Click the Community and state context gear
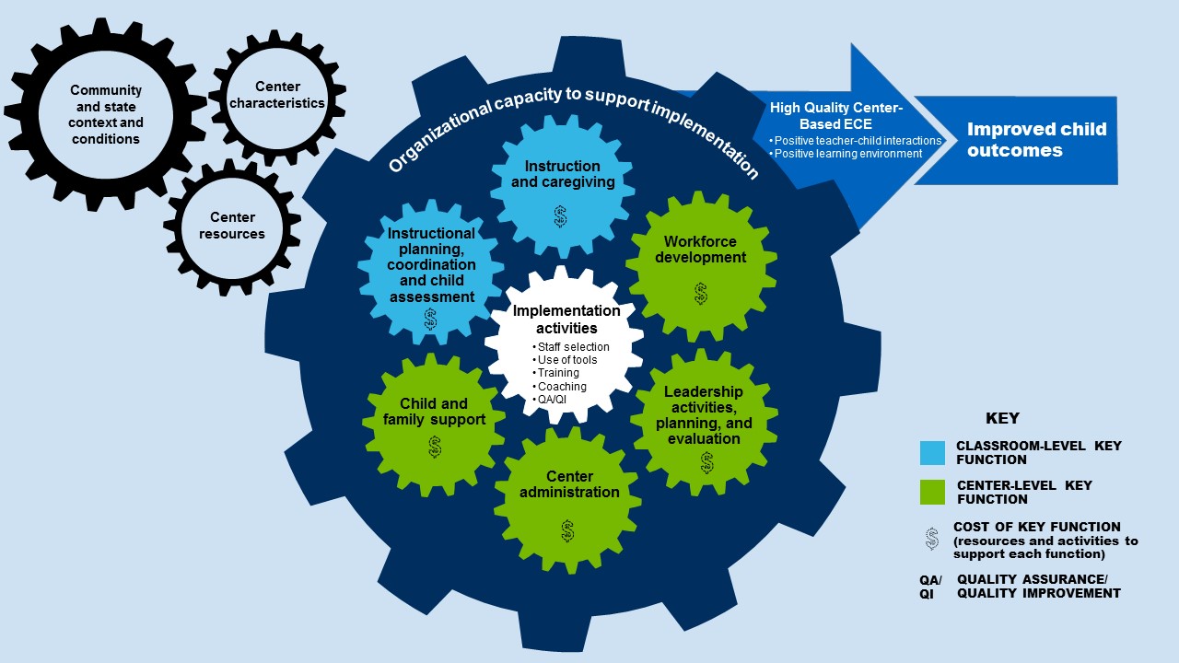pos(105,114)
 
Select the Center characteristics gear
pos(277,96)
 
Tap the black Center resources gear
pos(231,227)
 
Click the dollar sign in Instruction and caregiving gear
pos(560,216)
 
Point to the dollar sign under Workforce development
pos(701,294)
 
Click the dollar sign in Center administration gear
pos(567,530)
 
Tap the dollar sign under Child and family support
pos(435,447)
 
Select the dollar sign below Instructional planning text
pos(430,319)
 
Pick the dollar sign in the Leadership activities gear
pos(706,462)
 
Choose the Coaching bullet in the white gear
pos(562,387)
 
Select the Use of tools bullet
pos(566,360)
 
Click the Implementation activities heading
pos(554,320)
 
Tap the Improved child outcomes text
pos(1036,140)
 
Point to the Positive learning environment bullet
pos(846,154)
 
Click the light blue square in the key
pos(932,452)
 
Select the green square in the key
pos(932,492)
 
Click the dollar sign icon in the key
pos(932,539)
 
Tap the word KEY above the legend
pos(1002,418)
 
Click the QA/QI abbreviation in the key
pos(930,587)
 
